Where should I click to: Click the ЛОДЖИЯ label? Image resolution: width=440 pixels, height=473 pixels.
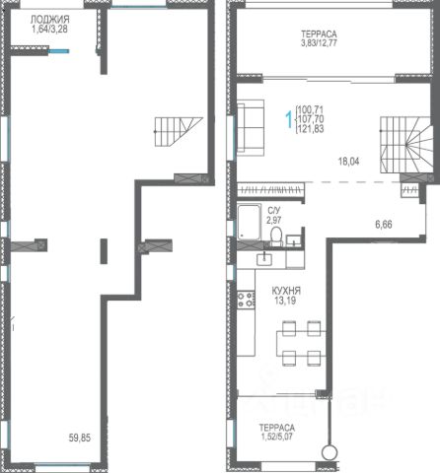pyautogui.click(x=49, y=20)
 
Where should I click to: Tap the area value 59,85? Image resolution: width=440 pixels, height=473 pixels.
pyautogui.click(x=80, y=438)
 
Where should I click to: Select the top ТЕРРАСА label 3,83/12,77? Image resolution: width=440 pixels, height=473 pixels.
pyautogui.click(x=319, y=38)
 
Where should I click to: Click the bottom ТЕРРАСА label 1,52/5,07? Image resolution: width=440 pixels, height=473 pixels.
pyautogui.click(x=277, y=432)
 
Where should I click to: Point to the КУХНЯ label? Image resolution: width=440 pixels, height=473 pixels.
pyautogui.click(x=286, y=291)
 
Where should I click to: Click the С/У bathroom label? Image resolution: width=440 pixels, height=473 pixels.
pyautogui.click(x=274, y=211)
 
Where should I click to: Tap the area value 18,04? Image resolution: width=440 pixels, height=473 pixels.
pyautogui.click(x=348, y=162)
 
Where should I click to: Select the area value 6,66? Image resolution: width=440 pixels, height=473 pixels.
pyautogui.click(x=384, y=225)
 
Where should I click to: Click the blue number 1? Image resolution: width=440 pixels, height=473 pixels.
pyautogui.click(x=289, y=119)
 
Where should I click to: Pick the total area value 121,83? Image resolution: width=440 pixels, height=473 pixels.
pyautogui.click(x=311, y=129)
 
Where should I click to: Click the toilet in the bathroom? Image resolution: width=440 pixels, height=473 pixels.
pyautogui.click(x=276, y=236)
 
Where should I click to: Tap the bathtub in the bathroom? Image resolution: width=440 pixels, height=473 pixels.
pyautogui.click(x=249, y=222)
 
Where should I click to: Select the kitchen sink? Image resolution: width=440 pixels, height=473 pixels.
pyautogui.click(x=264, y=259)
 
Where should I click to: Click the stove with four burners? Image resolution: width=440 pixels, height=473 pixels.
pyautogui.click(x=246, y=300)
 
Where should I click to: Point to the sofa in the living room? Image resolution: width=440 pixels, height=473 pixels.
pyautogui.click(x=251, y=128)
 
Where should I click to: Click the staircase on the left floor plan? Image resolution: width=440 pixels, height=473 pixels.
pyautogui.click(x=179, y=131)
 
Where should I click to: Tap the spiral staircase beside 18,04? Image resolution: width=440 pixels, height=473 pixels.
pyautogui.click(x=405, y=145)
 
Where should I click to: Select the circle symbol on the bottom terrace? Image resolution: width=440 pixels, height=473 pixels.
pyautogui.click(x=330, y=452)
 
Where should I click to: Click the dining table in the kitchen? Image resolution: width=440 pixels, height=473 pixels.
pyautogui.click(x=301, y=344)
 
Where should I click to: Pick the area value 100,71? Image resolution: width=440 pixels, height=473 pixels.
pyautogui.click(x=311, y=109)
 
